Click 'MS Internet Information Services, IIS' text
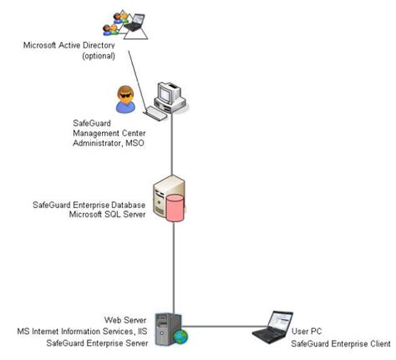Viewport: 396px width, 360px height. (x=97, y=332)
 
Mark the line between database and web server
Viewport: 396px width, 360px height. (x=174, y=267)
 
